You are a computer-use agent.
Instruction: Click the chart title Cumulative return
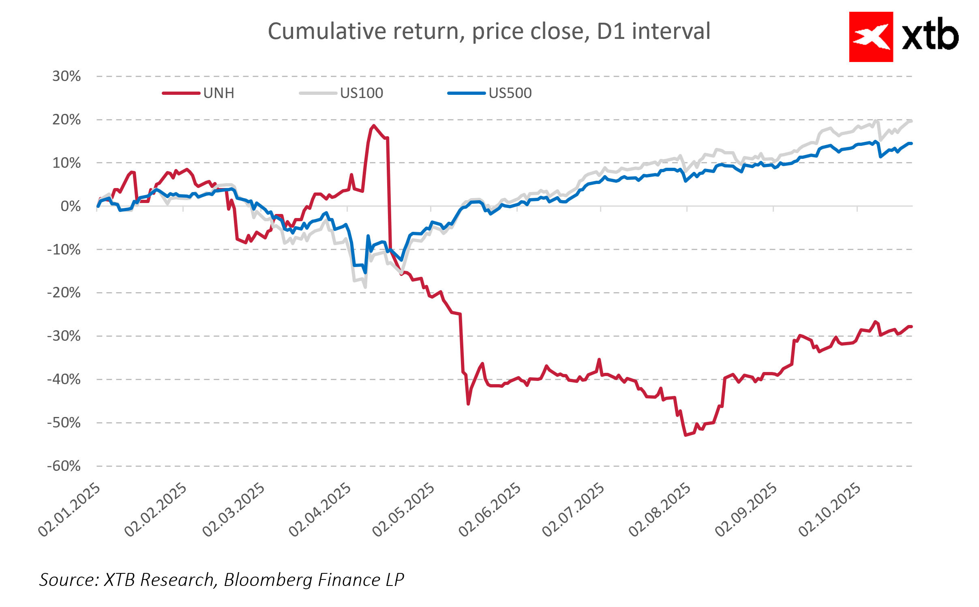[489, 31]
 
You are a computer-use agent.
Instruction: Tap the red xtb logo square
[871, 37]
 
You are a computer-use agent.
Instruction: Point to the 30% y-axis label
[66, 76]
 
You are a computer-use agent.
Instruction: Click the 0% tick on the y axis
[71, 206]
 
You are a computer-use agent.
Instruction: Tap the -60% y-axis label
[64, 466]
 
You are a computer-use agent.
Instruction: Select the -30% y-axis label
[64, 336]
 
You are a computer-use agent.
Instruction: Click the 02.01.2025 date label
[69, 510]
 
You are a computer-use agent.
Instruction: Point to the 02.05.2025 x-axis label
[403, 510]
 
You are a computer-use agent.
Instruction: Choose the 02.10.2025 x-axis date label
[829, 510]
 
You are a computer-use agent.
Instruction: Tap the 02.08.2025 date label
[659, 510]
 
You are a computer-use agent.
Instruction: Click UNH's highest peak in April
[373, 126]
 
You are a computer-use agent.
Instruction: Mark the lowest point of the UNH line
[686, 435]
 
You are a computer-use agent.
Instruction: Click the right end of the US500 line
[911, 143]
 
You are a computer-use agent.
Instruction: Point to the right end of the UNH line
[911, 327]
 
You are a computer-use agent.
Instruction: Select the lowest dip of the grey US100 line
[365, 287]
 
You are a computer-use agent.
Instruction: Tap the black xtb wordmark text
[930, 36]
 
